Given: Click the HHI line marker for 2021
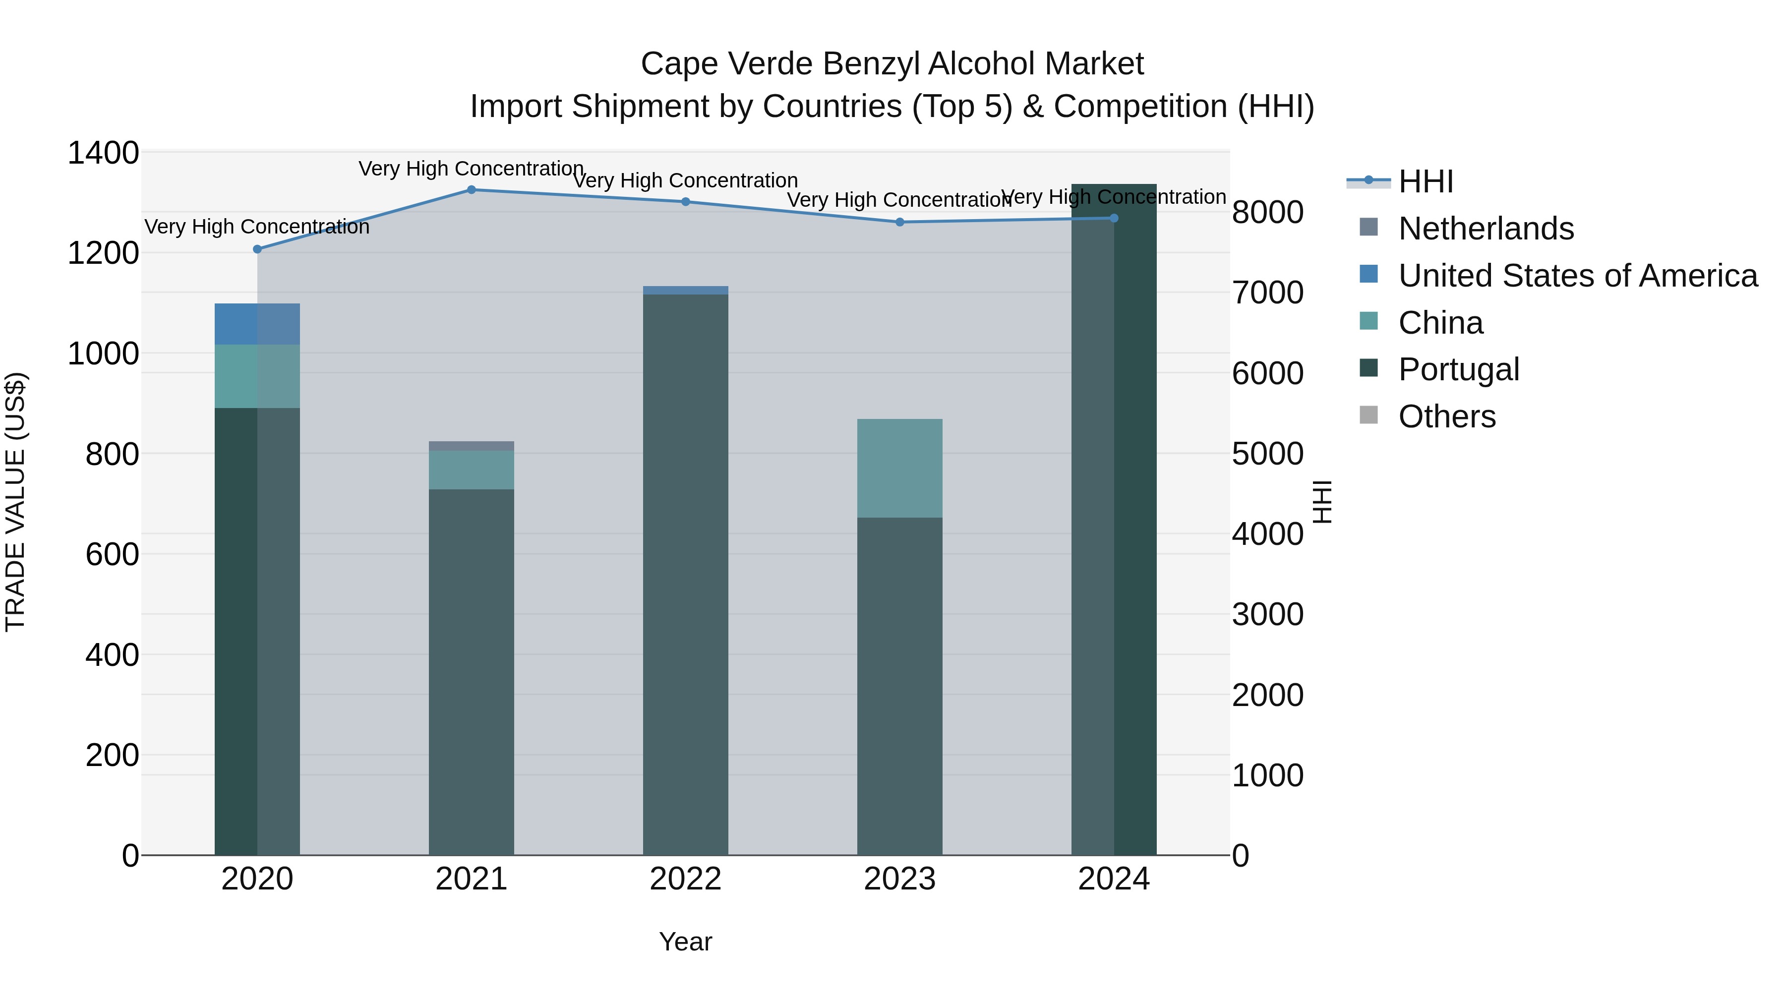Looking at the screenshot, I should [x=471, y=190].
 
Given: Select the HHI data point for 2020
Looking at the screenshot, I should [x=257, y=249].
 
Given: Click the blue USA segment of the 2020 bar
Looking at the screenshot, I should [x=256, y=324].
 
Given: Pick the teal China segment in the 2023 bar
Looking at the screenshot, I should [x=899, y=469].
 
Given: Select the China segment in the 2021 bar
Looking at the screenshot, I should [x=471, y=471].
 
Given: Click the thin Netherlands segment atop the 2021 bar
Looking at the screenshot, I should [x=471, y=446].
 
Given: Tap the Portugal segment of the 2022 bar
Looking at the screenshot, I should [x=685, y=575].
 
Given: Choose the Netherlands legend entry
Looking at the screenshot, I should [x=1485, y=229].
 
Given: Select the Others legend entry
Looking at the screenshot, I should [x=1446, y=417].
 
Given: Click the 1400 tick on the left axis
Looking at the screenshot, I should [x=103, y=153].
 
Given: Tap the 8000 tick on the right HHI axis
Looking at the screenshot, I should [x=1267, y=213].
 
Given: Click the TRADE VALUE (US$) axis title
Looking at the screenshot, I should [x=15, y=502].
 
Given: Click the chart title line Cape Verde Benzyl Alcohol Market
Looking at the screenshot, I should [x=892, y=64].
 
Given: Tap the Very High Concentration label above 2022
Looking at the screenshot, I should [x=685, y=181].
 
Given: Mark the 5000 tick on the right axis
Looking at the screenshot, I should [x=1267, y=455].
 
